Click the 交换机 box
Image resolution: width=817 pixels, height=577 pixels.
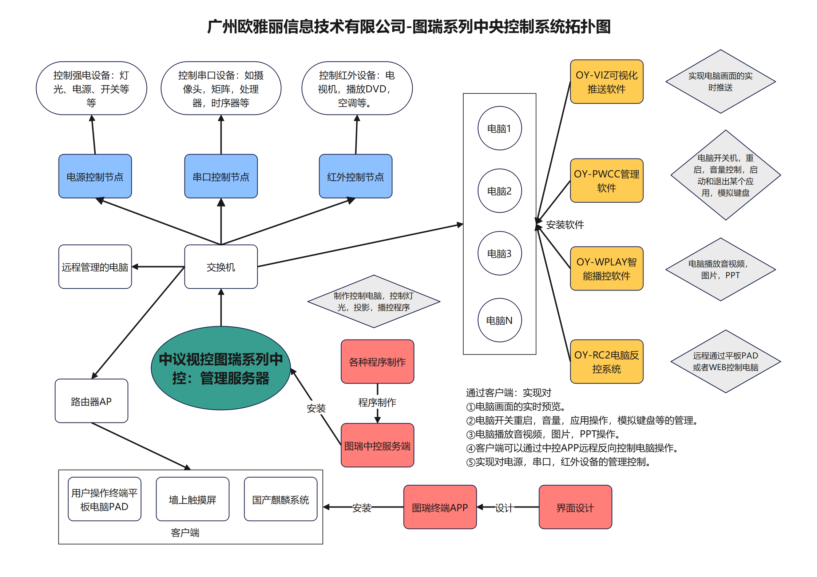221,267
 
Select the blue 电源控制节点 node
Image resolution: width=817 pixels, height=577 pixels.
95,176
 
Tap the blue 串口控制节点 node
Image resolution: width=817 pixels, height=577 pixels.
221,176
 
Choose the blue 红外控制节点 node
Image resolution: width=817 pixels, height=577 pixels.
355,176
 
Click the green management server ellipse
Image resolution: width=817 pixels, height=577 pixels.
221,368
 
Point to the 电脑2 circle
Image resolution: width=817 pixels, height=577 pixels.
499,191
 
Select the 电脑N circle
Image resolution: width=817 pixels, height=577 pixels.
499,320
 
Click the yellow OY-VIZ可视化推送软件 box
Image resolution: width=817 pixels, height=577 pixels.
606,82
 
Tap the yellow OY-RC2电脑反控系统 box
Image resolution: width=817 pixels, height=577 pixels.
606,362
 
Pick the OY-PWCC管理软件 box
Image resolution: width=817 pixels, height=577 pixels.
606,181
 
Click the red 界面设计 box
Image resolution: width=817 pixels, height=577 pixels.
575,507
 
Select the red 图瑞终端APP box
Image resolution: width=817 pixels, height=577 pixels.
440,507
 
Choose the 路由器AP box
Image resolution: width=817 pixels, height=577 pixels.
91,401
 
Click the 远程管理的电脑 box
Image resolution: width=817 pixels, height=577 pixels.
95,267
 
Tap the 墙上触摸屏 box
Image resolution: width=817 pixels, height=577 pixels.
193,499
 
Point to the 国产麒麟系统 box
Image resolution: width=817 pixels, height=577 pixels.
280,499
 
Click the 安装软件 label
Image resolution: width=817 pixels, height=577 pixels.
565,225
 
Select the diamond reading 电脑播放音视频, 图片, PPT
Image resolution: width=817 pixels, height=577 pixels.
720,269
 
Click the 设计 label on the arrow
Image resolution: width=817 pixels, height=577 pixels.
504,508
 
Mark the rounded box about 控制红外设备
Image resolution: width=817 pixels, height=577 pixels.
357,88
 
